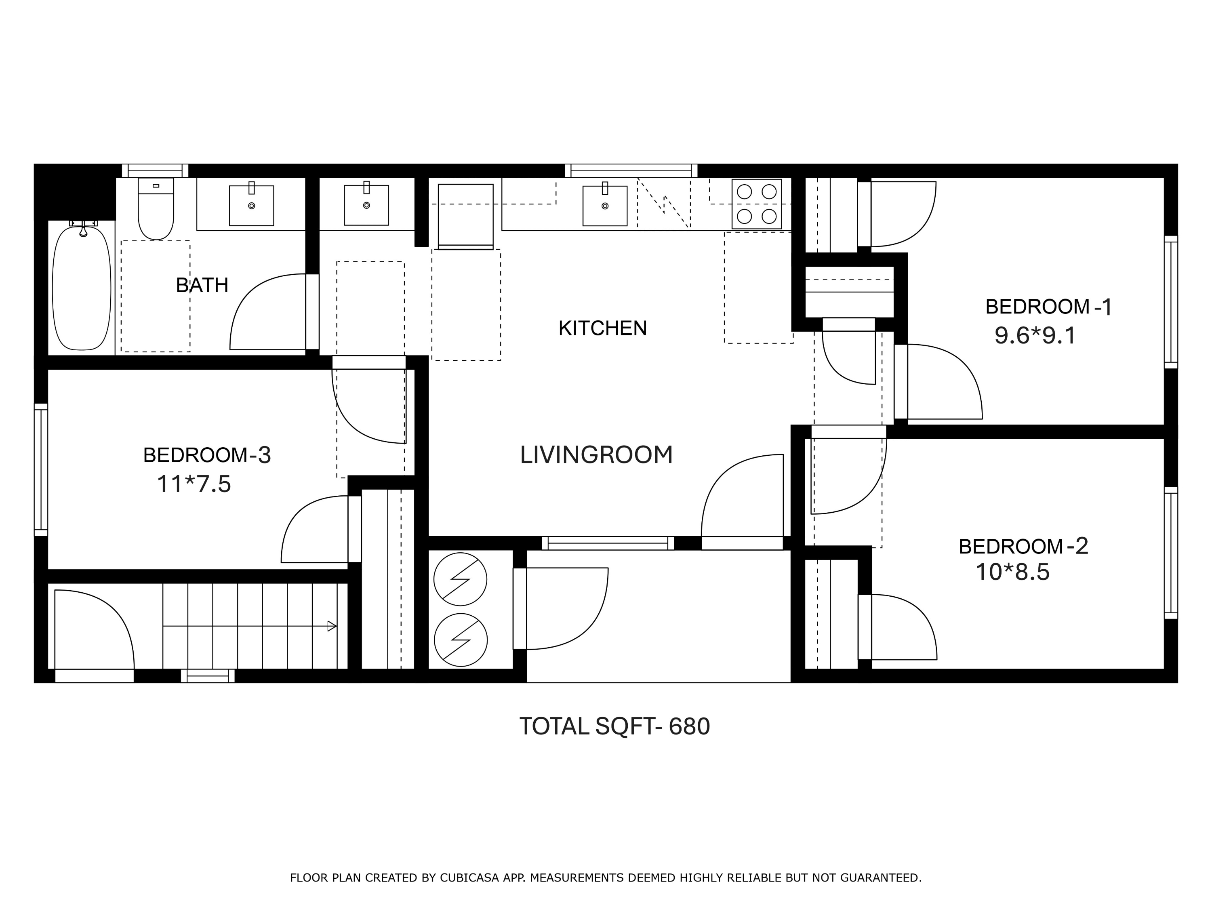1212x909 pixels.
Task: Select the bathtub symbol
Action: coord(82,288)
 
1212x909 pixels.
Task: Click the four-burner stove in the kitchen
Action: coord(756,204)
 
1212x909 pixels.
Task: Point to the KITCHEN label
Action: coord(602,328)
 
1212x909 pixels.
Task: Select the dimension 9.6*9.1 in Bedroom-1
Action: coord(1035,336)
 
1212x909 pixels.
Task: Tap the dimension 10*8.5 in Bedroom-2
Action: coord(1012,572)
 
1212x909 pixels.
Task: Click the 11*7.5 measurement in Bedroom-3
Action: coord(194,484)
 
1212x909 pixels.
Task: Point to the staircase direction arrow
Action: coord(332,626)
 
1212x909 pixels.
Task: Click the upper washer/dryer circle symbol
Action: coord(460,579)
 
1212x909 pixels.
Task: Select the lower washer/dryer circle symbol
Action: coord(460,640)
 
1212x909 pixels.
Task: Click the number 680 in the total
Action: coord(689,726)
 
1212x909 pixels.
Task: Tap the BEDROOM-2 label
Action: coord(1023,546)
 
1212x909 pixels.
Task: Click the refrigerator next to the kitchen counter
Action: coord(465,217)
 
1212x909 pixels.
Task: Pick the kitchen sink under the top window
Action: coord(604,206)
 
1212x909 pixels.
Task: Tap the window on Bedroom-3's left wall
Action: coord(41,469)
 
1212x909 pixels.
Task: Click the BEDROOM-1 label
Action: coord(1048,307)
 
